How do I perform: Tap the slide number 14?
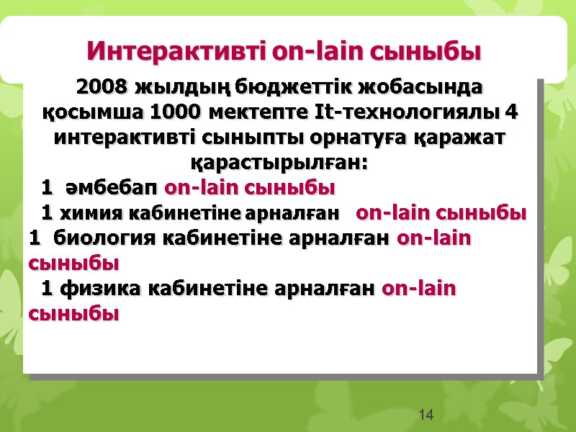coord(426,414)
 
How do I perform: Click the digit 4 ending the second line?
coord(511,113)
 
